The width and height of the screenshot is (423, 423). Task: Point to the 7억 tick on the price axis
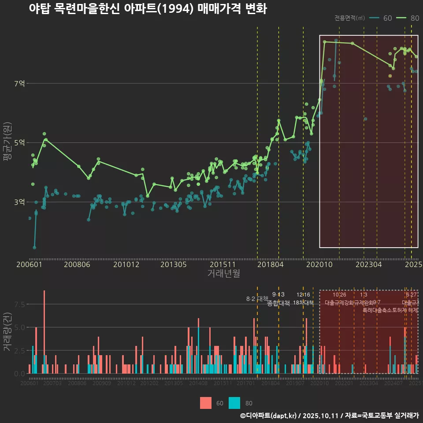coord(20,83)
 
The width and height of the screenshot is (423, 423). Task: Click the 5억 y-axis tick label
coord(20,142)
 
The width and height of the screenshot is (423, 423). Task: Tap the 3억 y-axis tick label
coord(20,202)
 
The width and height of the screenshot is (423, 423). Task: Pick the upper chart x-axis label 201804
coord(270,265)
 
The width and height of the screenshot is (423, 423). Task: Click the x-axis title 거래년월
coord(223,274)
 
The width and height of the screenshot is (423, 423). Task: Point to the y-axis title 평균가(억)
coord(7,142)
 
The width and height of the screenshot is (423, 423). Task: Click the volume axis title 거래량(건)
coord(7,332)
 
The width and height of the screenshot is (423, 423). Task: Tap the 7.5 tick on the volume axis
coord(19,304)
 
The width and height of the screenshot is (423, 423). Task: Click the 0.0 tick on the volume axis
coord(19,374)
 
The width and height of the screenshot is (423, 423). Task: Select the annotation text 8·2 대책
coord(257,299)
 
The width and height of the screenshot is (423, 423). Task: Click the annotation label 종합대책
coord(278,303)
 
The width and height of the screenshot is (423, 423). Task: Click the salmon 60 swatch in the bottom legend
coord(206,403)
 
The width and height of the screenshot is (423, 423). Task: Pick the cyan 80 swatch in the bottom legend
coord(235,403)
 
